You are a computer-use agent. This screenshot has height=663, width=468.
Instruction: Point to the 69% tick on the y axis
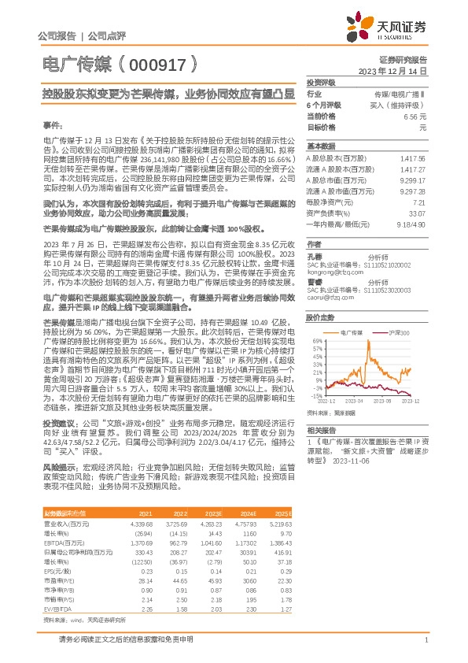(315, 341)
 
